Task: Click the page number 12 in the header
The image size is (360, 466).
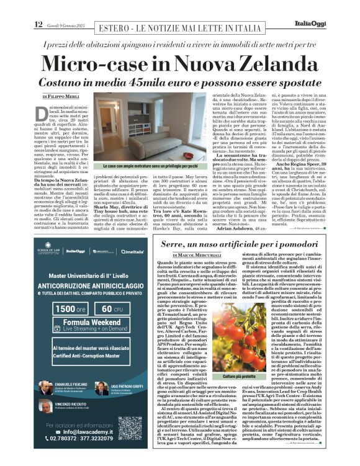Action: [x=38, y=24]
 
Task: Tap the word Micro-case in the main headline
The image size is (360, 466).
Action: [x=109, y=65]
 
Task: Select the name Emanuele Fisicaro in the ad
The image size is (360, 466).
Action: [x=72, y=383]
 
